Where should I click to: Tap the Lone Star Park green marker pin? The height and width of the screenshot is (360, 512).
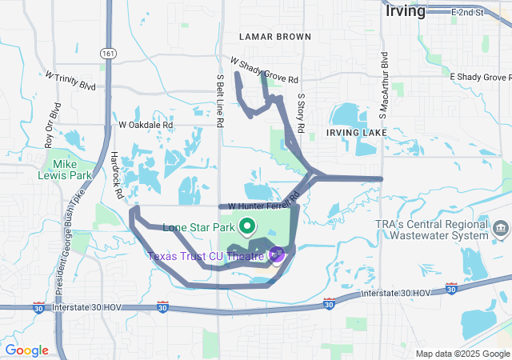(246, 227)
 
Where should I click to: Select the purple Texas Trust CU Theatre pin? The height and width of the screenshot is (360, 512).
(277, 255)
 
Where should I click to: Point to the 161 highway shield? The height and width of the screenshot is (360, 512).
(107, 53)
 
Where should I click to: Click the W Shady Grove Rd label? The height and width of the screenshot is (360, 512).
(264, 71)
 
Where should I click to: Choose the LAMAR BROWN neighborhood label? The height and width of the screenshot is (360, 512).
(275, 37)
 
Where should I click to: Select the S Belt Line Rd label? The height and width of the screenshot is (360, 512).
(220, 102)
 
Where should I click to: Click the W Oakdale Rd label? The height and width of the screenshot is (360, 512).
(146, 125)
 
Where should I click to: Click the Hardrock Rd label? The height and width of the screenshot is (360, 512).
(117, 175)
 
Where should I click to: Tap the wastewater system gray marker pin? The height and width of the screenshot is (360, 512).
(501, 229)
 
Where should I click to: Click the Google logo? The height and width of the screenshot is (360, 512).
(26, 350)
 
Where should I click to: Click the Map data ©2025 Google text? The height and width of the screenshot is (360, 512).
(462, 354)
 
